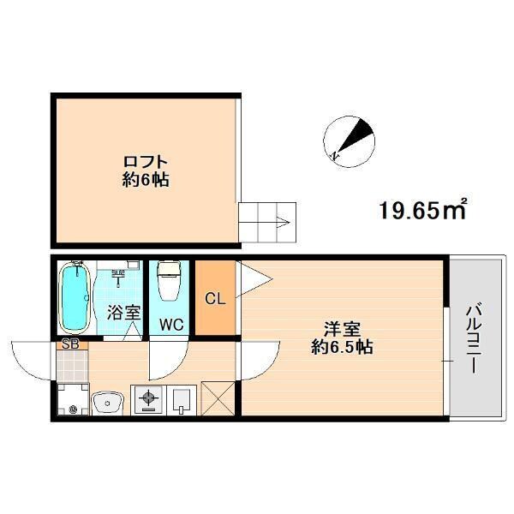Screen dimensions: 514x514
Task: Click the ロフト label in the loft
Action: click(x=142, y=161)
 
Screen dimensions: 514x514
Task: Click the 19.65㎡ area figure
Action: click(x=422, y=208)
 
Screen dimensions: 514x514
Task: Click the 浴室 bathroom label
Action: click(x=123, y=313)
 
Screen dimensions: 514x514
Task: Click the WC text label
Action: click(x=171, y=325)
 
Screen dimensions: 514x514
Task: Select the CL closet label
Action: click(x=216, y=299)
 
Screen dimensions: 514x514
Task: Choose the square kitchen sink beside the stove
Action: click(x=182, y=399)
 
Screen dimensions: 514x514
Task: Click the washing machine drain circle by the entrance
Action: click(x=73, y=408)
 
